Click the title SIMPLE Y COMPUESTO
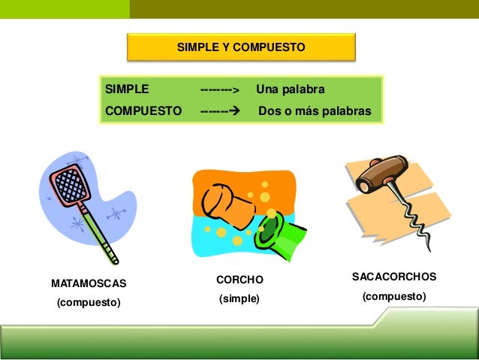[240, 47]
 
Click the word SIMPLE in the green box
[127, 89]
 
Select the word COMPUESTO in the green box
[143, 110]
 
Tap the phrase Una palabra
[290, 89]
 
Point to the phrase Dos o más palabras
[315, 110]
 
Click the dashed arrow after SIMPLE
[218, 90]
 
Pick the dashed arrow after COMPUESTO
[218, 110]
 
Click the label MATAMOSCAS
[89, 284]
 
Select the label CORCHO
[239, 280]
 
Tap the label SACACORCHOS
[394, 277]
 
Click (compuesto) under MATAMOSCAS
[89, 303]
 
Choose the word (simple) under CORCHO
[239, 299]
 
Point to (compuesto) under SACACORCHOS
[394, 297]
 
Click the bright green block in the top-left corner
[64, 9]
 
